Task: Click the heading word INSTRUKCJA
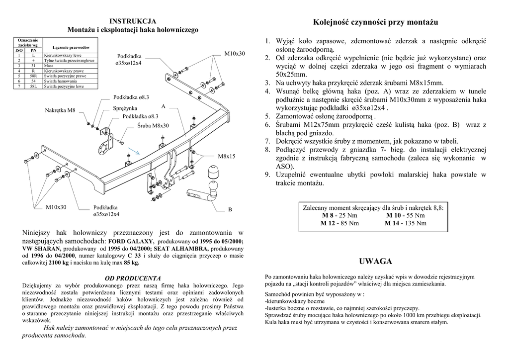point(133,21)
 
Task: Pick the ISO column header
point(19,50)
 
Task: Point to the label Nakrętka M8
point(60,109)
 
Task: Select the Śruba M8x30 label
point(153,125)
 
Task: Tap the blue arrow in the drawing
point(133,151)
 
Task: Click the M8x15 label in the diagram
point(226,156)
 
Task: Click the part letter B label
point(230,210)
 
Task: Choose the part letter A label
point(163,106)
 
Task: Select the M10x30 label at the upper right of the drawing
point(235,53)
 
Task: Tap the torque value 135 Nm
point(415,223)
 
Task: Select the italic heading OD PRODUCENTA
point(133,277)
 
